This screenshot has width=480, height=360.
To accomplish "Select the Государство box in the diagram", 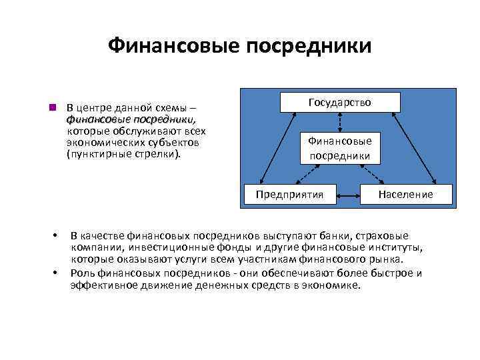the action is coord(340,102).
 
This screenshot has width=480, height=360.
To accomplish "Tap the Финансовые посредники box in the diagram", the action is coord(340,148).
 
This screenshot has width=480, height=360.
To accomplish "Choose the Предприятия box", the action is coord(289,194).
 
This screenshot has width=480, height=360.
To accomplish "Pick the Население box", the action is coord(405,194).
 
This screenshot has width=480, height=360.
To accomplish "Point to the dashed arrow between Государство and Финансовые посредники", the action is coord(340,121).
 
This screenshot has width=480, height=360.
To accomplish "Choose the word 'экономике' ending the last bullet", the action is coord(333,285).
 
